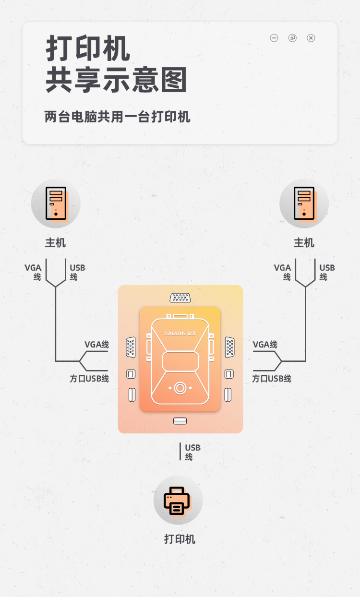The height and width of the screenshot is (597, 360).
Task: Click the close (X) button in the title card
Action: coord(311,38)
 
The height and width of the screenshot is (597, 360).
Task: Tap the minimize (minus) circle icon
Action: coord(274,38)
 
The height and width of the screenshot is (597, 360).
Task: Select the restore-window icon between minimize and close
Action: coord(292,38)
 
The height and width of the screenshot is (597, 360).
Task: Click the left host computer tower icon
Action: coord(56,203)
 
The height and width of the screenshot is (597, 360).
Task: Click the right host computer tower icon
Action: coord(304,203)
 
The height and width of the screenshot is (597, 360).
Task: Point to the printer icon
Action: coord(178,501)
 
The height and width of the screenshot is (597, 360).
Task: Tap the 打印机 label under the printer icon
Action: coord(180,539)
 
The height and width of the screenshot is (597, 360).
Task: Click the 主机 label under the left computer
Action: coord(56,243)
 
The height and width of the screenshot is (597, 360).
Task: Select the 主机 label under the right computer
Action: coord(304,243)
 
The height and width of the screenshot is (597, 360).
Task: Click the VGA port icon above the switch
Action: coord(180,298)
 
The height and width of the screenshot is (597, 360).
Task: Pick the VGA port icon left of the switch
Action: coord(131,347)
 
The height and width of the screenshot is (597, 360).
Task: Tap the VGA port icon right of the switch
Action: coord(230,347)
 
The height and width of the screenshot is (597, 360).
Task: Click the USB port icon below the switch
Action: coord(180,421)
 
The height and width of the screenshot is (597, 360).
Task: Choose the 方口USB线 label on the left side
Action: coord(89,379)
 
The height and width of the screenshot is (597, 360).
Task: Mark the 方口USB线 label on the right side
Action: coord(272,379)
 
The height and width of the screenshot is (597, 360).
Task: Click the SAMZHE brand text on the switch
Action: coord(180,333)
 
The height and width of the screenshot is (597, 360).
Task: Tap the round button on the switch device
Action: coord(180,388)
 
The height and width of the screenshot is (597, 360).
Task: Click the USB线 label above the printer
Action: coord(192,452)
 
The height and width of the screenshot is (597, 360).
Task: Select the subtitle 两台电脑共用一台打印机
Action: coord(118,117)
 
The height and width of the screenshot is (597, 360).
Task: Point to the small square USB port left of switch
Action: coord(131,374)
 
